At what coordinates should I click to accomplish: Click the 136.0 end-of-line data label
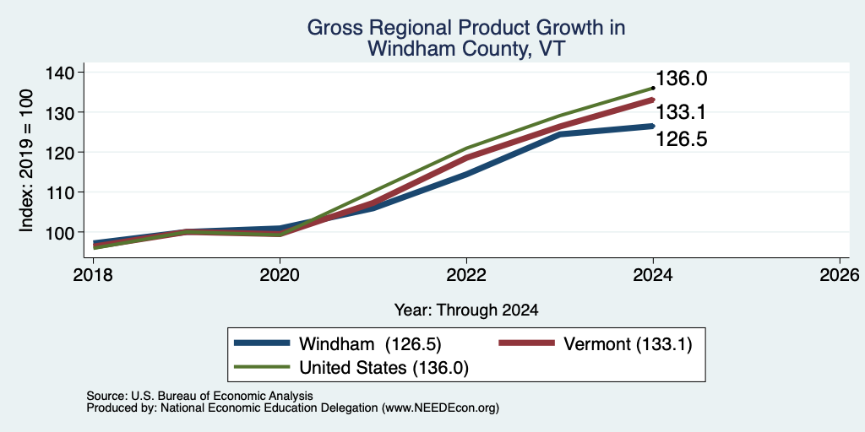(x=682, y=78)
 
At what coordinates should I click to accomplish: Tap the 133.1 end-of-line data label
(x=682, y=113)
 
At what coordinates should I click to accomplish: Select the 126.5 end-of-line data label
(x=682, y=139)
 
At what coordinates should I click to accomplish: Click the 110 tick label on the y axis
(x=63, y=192)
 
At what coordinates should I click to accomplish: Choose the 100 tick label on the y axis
(x=63, y=232)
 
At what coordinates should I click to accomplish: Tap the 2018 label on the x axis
(x=93, y=274)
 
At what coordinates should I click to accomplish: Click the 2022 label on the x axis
(x=466, y=274)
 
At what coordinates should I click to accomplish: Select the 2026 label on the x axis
(x=840, y=274)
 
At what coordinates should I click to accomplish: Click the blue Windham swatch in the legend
(x=262, y=343)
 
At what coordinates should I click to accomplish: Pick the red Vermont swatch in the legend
(x=526, y=343)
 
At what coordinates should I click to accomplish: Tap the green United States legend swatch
(x=262, y=367)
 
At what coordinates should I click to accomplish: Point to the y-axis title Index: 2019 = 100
(x=26, y=160)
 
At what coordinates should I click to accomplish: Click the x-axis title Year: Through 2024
(x=466, y=310)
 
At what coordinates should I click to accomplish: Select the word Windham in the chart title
(x=411, y=49)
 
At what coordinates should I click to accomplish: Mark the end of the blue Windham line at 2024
(x=653, y=127)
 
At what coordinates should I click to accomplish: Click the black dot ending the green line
(x=653, y=88)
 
